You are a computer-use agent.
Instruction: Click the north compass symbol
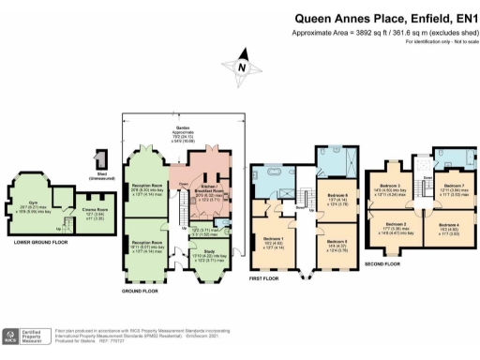pos(243,67)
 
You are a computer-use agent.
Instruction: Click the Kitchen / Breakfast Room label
pos(208,191)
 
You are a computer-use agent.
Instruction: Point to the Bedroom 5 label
pos(337,242)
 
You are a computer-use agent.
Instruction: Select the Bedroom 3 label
pos(395,188)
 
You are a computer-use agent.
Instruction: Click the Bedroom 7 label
pos(453,187)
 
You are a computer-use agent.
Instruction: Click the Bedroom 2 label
pos(395,225)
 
